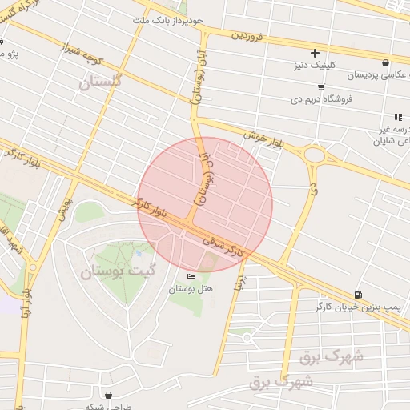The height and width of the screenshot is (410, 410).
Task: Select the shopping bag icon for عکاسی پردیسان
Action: (x=387, y=62)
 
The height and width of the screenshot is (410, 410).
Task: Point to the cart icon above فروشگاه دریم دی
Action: (x=321, y=87)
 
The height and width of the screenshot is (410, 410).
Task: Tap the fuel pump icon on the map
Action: (x=356, y=295)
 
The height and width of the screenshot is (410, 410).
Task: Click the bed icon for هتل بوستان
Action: (x=190, y=276)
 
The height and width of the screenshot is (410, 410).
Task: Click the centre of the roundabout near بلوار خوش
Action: (x=315, y=154)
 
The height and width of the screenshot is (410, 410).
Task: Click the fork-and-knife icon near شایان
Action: (x=398, y=117)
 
